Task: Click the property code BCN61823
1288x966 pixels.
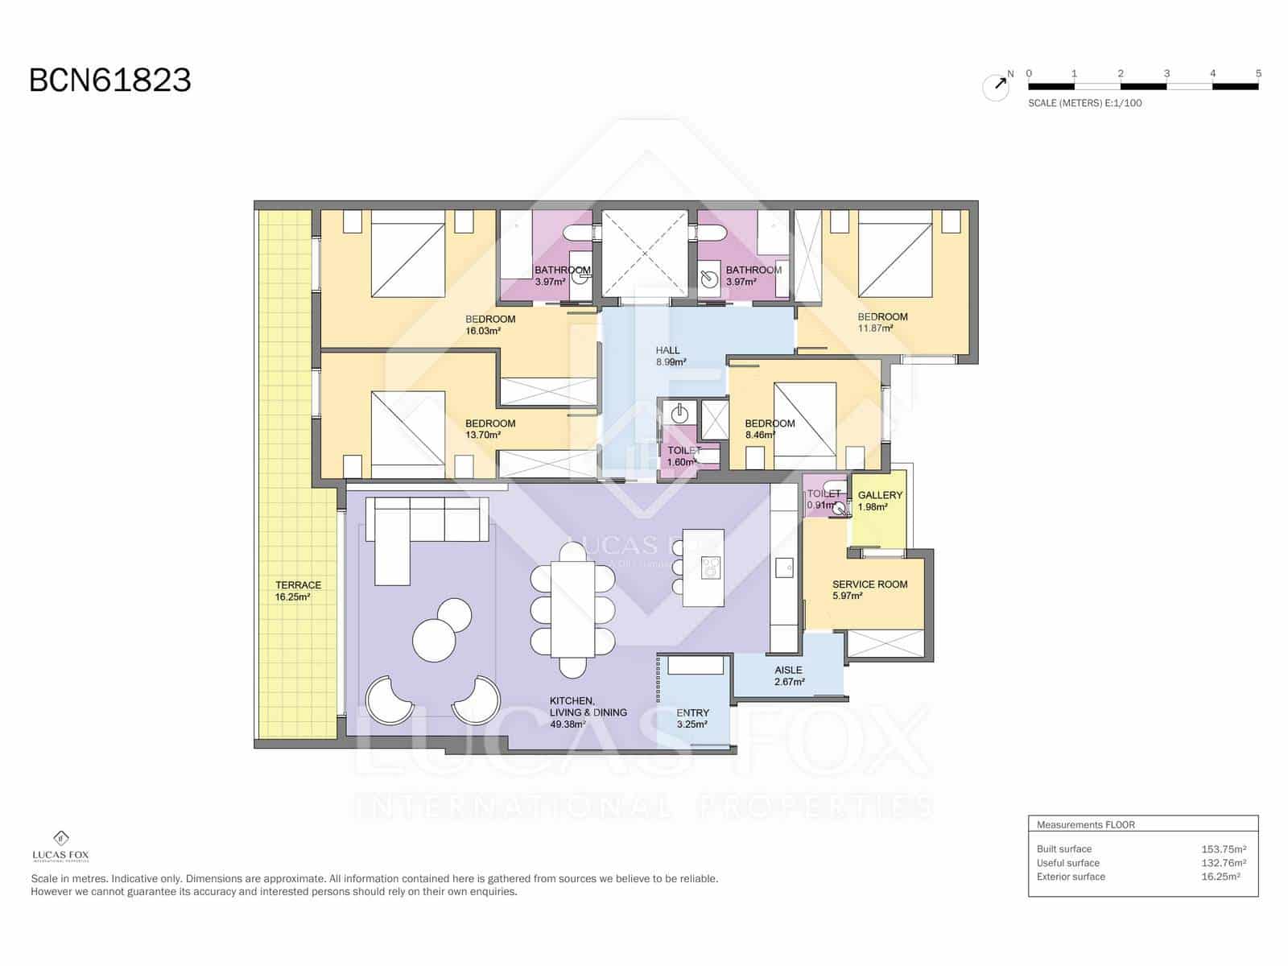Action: [x=110, y=80]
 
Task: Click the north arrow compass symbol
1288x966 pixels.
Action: [x=997, y=86]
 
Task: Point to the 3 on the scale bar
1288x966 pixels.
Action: [x=1166, y=73]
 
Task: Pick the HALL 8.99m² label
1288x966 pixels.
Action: [x=670, y=356]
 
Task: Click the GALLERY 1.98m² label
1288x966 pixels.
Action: [x=879, y=501]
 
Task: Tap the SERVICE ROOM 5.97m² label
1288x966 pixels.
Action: [x=869, y=590]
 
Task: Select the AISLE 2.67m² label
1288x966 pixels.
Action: [x=788, y=675]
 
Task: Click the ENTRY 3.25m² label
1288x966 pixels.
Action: [x=692, y=718]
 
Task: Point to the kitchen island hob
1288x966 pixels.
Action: [x=710, y=568]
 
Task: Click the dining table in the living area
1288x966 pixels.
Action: [x=572, y=609]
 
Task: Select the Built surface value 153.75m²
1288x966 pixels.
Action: [x=1223, y=848]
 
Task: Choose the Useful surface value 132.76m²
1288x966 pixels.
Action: [x=1223, y=863]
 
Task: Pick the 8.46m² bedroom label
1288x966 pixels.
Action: [x=769, y=429]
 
